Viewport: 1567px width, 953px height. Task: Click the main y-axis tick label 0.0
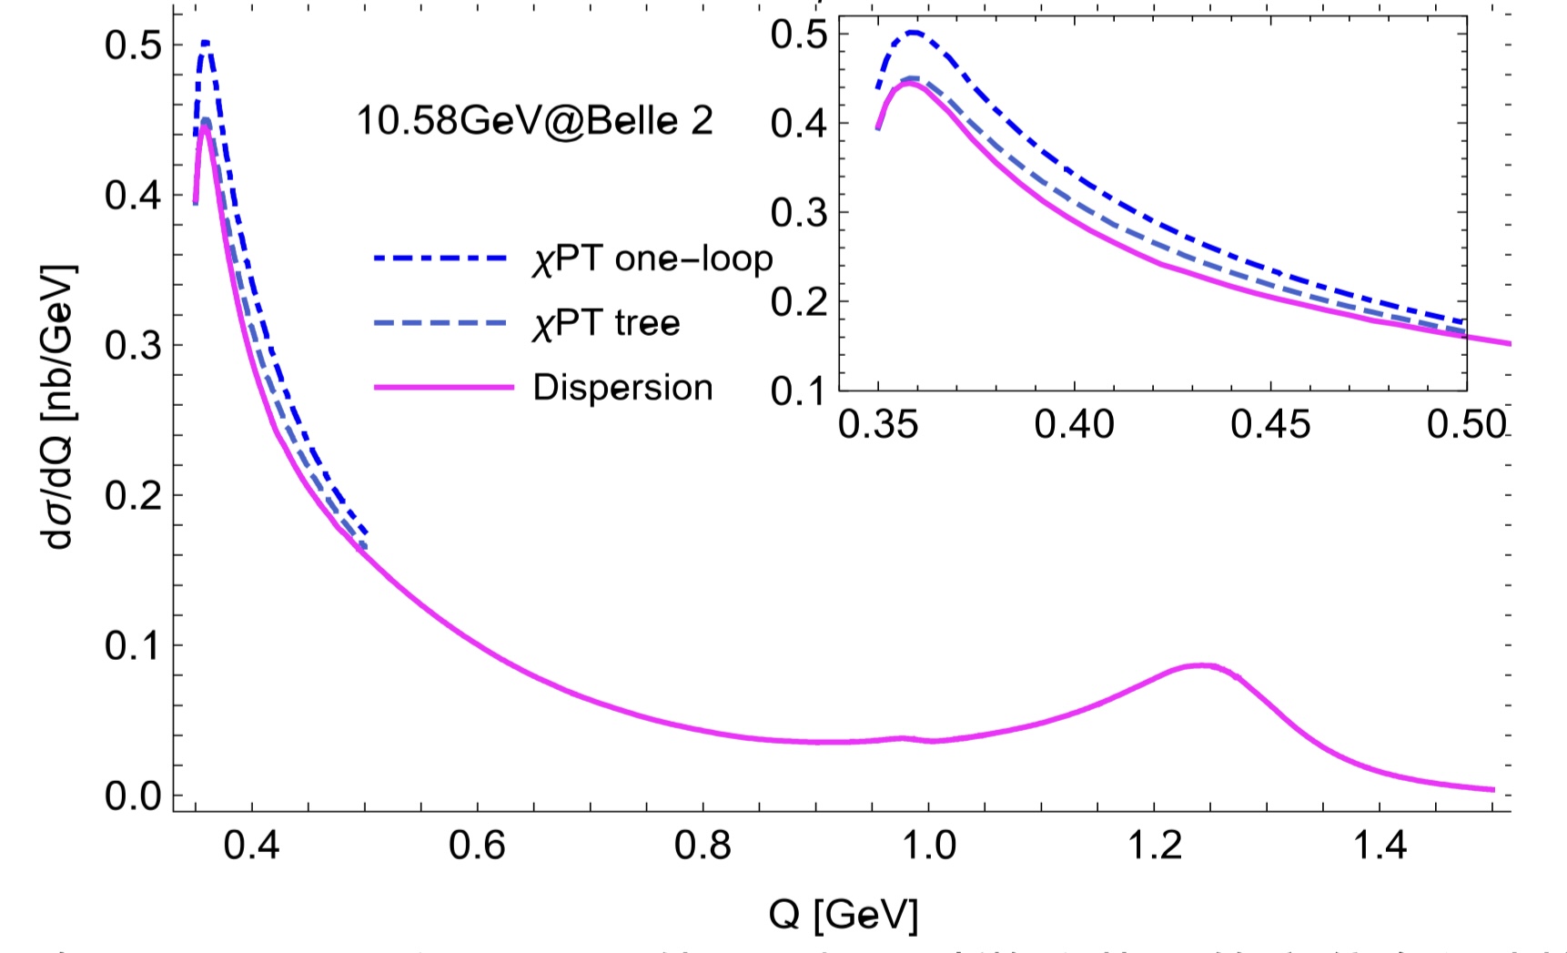(133, 796)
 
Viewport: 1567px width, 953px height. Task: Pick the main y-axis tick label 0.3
(133, 346)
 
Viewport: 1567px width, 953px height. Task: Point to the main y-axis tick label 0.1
(133, 646)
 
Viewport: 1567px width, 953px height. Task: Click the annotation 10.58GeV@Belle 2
(534, 121)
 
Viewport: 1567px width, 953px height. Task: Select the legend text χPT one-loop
(652, 259)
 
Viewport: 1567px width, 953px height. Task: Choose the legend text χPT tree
(606, 324)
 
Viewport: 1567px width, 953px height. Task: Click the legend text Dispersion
(622, 388)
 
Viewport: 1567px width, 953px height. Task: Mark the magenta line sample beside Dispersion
(443, 388)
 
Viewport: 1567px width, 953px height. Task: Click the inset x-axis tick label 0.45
(1270, 425)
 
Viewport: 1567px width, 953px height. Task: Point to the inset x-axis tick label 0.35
(878, 425)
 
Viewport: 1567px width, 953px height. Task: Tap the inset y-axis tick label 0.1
(797, 391)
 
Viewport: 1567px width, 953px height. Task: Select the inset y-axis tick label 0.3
(797, 213)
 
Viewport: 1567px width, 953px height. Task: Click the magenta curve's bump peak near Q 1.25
(1203, 665)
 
